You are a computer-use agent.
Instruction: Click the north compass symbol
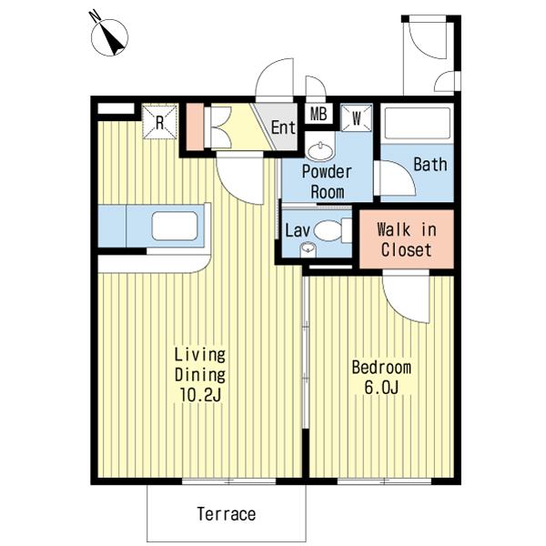click(x=109, y=36)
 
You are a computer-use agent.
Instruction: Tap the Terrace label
click(x=227, y=514)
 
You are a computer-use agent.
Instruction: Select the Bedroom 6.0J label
click(x=381, y=378)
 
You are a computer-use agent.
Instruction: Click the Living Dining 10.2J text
click(x=200, y=375)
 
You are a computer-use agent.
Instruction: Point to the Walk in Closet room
click(x=407, y=239)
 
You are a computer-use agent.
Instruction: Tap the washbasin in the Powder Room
click(x=320, y=151)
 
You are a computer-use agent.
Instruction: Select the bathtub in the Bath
click(x=417, y=123)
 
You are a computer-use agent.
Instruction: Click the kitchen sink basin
click(x=175, y=226)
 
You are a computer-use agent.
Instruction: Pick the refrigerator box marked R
click(x=160, y=122)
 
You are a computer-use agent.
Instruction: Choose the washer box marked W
click(x=356, y=118)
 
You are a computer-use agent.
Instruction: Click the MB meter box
click(x=318, y=114)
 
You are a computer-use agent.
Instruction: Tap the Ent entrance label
click(x=283, y=127)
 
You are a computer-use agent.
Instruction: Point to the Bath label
click(x=430, y=165)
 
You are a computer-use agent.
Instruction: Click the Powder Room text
click(x=327, y=182)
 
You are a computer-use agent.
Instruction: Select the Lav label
click(x=297, y=230)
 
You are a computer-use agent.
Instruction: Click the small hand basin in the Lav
click(x=308, y=249)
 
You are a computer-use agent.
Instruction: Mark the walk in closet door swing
click(x=406, y=298)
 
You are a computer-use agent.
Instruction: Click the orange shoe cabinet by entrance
click(x=195, y=126)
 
